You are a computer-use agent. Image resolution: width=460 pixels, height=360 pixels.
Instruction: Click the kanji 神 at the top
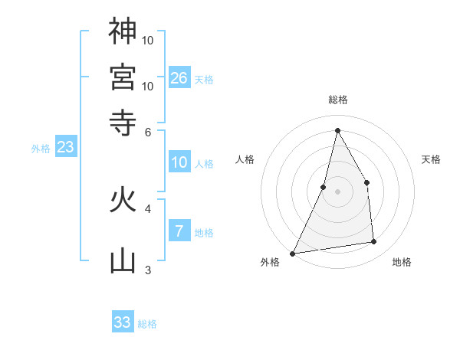[x=123, y=31]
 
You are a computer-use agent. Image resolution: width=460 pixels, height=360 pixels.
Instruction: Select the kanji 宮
[x=123, y=77]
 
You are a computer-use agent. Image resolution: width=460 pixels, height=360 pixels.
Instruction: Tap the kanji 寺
[x=123, y=123]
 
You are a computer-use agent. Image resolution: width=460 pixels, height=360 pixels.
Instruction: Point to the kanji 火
[x=123, y=199]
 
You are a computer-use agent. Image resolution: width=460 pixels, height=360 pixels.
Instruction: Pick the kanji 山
[x=123, y=260]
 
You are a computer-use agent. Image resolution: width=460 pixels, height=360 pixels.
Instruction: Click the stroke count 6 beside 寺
[x=148, y=133]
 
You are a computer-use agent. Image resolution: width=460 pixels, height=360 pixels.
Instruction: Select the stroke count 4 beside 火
[x=148, y=209]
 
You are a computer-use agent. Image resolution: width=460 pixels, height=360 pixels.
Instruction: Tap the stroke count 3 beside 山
[x=148, y=270]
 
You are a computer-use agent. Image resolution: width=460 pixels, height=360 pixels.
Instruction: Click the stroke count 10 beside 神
[x=147, y=41]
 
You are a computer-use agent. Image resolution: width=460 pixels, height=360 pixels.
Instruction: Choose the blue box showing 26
[x=179, y=77]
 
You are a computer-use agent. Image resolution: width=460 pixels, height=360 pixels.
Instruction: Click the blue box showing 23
[x=66, y=146]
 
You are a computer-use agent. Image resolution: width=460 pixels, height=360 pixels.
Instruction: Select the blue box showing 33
[x=123, y=321]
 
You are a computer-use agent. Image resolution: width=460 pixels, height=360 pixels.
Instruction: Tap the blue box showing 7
[x=179, y=230]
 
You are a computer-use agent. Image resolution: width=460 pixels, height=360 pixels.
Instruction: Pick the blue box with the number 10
[x=179, y=162]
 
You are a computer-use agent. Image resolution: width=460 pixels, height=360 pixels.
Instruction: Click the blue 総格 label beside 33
[x=147, y=324]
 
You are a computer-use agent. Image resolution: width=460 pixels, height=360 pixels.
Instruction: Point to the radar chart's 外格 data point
[x=293, y=254]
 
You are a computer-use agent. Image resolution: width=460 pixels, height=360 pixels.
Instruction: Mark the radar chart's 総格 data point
[x=337, y=130]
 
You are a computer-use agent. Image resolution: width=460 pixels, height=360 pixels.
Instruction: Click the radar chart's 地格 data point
[x=374, y=241]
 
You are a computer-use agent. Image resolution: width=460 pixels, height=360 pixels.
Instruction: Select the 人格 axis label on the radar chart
[x=245, y=159]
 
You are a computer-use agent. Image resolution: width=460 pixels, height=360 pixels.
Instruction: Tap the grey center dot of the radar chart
[x=337, y=191]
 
